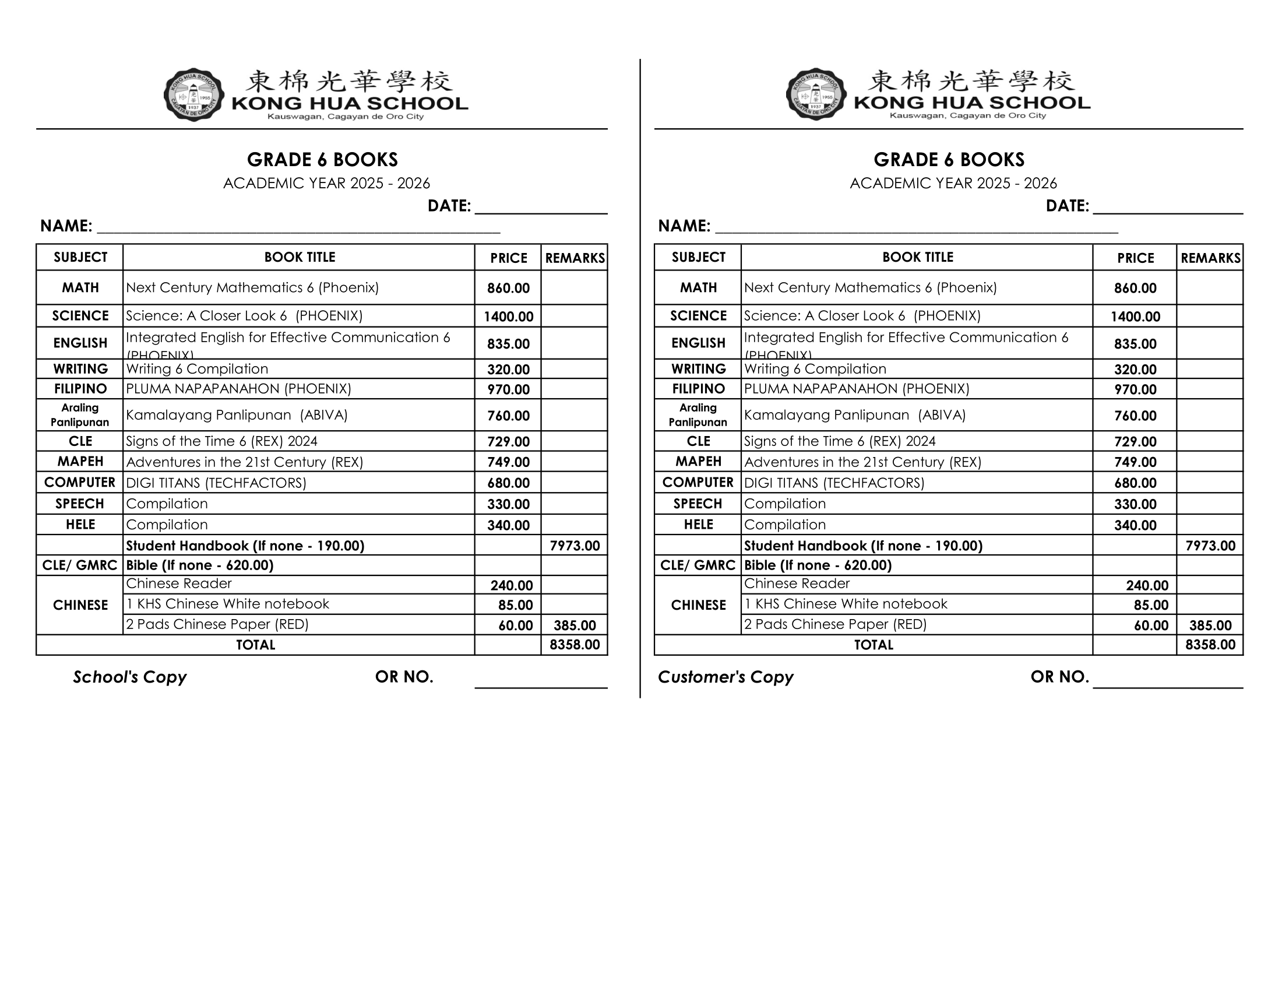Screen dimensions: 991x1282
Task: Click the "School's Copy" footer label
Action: click(x=130, y=677)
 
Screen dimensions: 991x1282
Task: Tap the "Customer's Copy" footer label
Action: click(x=725, y=677)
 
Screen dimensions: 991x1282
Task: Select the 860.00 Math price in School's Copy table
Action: click(x=508, y=288)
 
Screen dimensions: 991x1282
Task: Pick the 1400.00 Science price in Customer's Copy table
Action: click(x=1135, y=317)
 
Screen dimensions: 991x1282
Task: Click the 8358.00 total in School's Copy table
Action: click(x=575, y=645)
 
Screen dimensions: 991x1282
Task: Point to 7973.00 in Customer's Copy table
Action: click(x=1210, y=546)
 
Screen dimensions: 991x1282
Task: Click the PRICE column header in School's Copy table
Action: click(x=508, y=258)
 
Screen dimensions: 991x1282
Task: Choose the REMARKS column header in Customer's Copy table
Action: click(x=1210, y=258)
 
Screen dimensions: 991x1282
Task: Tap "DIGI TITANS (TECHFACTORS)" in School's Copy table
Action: click(x=216, y=483)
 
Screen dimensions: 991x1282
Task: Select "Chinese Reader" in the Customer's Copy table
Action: click(x=797, y=584)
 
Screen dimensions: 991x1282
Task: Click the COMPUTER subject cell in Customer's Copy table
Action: click(x=698, y=483)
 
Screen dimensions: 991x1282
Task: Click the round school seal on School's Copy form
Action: click(x=193, y=95)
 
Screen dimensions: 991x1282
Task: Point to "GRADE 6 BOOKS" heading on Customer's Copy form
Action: click(x=949, y=160)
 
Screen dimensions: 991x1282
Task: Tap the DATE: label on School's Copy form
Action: click(x=449, y=206)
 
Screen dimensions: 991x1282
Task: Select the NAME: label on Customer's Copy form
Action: click(x=684, y=226)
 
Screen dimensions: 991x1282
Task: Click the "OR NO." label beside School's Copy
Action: click(x=404, y=677)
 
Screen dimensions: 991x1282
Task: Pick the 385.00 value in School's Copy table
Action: click(x=575, y=625)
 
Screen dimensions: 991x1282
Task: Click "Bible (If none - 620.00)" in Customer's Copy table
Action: click(x=818, y=565)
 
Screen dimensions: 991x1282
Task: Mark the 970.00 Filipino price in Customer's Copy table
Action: click(x=1135, y=389)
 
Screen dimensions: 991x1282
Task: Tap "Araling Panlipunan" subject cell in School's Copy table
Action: click(x=80, y=414)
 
